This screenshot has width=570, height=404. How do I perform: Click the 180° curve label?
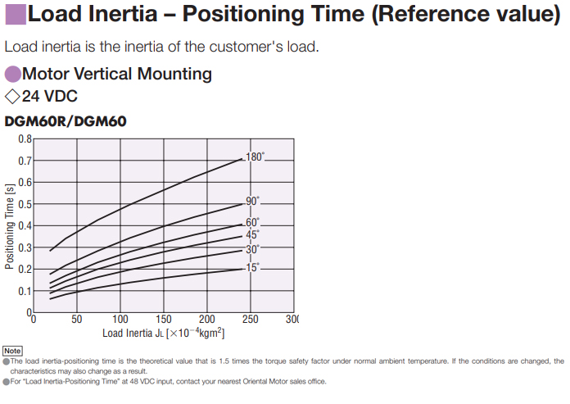point(256,157)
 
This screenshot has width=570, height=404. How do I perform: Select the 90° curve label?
point(253,201)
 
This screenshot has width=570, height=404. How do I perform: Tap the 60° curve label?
point(253,222)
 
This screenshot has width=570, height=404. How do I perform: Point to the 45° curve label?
point(253,234)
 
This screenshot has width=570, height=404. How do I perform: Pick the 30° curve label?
point(253,249)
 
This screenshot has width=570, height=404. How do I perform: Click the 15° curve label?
point(253,267)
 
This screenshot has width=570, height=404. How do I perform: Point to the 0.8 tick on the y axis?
point(25,138)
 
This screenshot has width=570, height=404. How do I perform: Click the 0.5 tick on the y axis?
point(25,204)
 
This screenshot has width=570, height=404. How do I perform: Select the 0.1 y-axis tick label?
point(25,291)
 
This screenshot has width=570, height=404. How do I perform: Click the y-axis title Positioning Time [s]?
point(10,226)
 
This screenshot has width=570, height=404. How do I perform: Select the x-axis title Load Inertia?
point(163,333)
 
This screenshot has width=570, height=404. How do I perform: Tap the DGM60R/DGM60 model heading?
point(66,121)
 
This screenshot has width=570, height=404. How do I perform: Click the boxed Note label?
point(12,351)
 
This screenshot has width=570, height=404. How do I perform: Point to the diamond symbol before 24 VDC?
point(12,97)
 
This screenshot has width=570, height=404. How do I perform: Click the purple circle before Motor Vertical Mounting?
point(13,74)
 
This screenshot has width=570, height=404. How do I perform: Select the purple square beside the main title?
point(14,15)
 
